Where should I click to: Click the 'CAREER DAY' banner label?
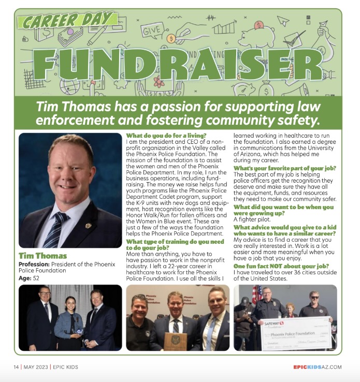(x=65, y=21)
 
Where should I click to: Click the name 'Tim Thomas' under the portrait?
(x=43, y=256)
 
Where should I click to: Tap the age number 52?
(x=36, y=278)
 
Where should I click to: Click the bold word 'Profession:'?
(x=33, y=265)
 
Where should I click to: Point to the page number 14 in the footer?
(x=16, y=367)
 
